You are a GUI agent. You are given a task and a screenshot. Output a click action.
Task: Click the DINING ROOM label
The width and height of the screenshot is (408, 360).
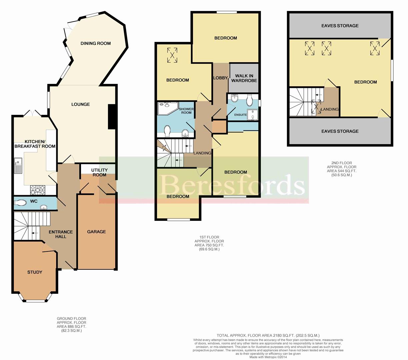95,43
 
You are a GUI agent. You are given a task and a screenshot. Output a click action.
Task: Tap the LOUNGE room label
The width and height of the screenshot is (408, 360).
81,104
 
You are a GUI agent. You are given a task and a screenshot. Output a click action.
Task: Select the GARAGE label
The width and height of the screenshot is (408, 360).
96,231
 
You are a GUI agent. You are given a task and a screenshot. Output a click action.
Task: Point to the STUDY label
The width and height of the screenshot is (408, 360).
35,272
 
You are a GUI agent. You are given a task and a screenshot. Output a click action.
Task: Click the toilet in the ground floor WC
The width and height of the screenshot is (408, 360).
20,202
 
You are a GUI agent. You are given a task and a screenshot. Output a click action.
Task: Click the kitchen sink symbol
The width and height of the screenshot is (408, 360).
18,166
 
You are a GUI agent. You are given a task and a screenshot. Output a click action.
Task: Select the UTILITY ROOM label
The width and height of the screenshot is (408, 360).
99,173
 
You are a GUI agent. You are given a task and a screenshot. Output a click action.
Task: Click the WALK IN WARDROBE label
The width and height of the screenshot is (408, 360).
244,78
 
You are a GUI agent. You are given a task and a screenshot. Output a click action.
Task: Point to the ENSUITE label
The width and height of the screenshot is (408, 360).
240,115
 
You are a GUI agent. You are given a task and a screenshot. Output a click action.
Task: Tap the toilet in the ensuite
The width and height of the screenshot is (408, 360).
250,101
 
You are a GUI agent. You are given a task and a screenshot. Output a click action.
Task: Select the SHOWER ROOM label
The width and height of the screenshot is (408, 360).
186,111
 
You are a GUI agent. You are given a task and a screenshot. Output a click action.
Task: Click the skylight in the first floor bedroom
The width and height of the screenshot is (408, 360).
172,55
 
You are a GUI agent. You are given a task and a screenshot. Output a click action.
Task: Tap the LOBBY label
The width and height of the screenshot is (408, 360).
220,78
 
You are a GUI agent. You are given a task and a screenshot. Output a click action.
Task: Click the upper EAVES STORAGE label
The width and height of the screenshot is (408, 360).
340,26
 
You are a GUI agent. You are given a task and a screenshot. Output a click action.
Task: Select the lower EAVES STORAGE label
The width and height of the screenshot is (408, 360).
340,131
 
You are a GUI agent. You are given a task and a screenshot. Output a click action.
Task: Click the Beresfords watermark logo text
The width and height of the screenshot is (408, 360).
232,185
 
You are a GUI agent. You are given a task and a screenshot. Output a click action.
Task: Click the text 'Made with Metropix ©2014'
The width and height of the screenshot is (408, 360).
268,357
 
